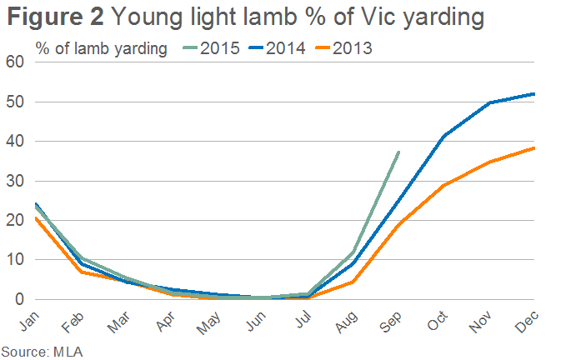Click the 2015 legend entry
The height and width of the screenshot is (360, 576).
click(211, 48)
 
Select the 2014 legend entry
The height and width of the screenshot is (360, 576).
click(277, 48)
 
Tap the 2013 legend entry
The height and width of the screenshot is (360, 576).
click(343, 48)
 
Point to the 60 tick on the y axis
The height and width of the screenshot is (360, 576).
click(15, 62)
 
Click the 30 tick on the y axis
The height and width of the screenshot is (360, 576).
click(15, 181)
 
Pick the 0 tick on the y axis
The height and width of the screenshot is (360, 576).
click(19, 299)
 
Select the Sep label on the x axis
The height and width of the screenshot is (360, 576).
click(390, 322)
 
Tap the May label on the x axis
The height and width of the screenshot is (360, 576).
click(208, 322)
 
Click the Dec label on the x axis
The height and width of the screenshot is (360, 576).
click(527, 322)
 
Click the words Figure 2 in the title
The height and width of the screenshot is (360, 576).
click(55, 17)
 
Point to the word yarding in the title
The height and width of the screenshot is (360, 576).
click(443, 17)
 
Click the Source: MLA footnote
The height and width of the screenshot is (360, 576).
click(42, 352)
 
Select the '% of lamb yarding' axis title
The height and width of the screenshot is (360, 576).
click(102, 49)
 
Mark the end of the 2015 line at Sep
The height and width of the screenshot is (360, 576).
click(399, 152)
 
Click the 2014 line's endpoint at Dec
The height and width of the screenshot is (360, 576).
click(534, 94)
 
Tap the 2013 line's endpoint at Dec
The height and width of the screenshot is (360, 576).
click(534, 148)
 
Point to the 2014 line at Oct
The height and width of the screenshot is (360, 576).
click(444, 136)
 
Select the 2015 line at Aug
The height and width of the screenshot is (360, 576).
click(353, 252)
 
